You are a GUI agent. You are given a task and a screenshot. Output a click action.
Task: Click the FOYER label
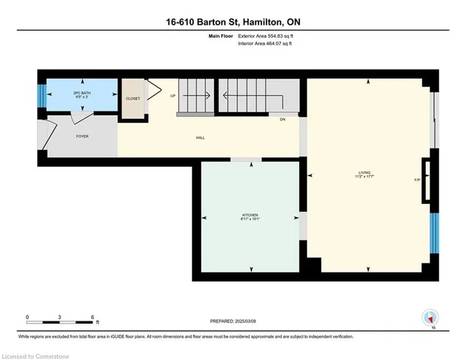[82, 136]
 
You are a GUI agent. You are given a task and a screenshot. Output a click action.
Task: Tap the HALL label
[199, 137]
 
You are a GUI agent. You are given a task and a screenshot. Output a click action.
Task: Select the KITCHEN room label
[250, 216]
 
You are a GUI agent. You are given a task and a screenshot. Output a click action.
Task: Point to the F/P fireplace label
[417, 179]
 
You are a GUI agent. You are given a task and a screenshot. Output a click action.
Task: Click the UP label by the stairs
[173, 95]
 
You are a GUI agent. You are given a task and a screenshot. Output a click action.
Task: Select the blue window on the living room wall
[434, 233]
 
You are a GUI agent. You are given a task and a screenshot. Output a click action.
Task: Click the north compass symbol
[430, 318]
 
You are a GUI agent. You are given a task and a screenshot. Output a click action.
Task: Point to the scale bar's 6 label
[92, 317]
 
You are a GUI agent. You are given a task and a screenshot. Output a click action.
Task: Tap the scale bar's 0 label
[28, 317]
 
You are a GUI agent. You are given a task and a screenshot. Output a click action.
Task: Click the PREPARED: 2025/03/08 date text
[233, 321]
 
